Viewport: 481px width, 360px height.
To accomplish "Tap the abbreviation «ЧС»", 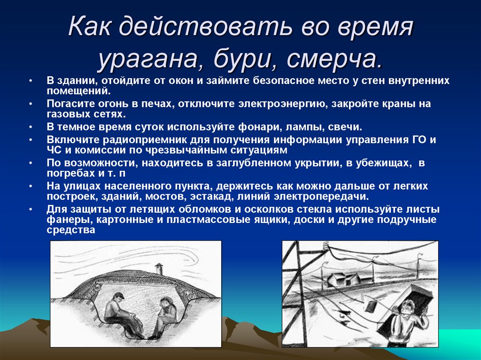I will (x=54, y=151).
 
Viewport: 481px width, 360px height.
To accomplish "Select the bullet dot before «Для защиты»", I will (x=31, y=208).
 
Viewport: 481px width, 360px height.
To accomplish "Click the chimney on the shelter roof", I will (x=159, y=268).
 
